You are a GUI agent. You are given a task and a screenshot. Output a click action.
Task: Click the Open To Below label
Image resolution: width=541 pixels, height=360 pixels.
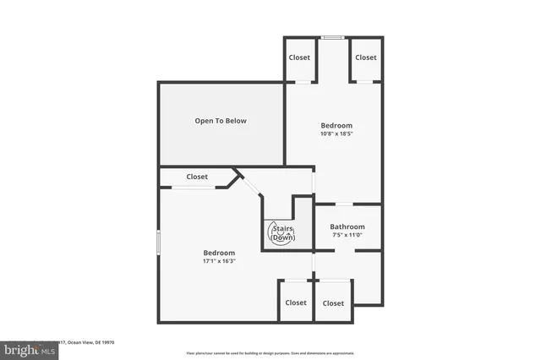tap(221, 121)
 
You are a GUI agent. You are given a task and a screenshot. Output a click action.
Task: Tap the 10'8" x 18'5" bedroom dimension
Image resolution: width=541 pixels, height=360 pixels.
tap(336, 134)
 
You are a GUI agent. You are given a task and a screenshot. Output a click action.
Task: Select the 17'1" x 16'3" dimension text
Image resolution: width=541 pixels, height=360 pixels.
tap(219, 262)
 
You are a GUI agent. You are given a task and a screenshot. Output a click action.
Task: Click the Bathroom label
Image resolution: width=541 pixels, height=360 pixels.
tap(347, 226)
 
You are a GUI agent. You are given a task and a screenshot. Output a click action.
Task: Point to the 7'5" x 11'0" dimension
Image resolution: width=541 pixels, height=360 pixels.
tap(347, 236)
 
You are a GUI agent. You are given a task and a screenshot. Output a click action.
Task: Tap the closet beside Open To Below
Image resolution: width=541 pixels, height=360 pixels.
tap(197, 177)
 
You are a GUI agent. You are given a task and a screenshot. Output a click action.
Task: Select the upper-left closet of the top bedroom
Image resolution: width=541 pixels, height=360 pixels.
tap(299, 57)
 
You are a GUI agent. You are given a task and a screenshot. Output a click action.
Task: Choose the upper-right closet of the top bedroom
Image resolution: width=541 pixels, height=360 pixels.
tap(366, 57)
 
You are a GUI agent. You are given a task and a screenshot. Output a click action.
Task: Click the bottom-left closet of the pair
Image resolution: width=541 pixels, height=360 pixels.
tap(296, 303)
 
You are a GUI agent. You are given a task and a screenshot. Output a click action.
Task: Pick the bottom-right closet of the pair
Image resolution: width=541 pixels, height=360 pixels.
tap(333, 303)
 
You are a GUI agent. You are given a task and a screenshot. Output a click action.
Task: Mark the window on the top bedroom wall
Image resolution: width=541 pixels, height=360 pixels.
tap(332, 37)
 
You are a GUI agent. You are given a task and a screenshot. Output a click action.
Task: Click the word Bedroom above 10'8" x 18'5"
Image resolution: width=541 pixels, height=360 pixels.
tap(336, 125)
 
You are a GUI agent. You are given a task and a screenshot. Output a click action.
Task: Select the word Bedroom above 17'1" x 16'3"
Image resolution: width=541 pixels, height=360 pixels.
tap(219, 253)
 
